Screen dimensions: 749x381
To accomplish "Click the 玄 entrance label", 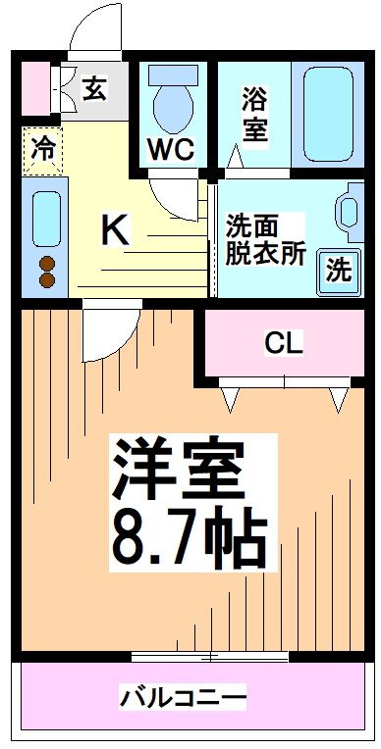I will pos(94,89).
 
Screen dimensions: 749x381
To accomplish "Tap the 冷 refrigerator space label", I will pos(43,150).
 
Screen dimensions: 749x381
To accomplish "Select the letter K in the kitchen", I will pos(115,231).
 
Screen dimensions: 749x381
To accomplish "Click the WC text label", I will pos(171,149).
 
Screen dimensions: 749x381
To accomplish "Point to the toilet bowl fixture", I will pos(173,102).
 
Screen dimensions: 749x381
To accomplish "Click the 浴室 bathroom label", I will pos(254,116).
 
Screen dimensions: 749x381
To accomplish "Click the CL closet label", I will pos(284,343).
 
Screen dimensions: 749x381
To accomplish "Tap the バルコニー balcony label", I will pos(184,698).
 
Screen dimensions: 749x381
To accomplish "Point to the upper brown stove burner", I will pos(45,263).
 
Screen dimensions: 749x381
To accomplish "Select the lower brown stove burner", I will pos(45,280).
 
